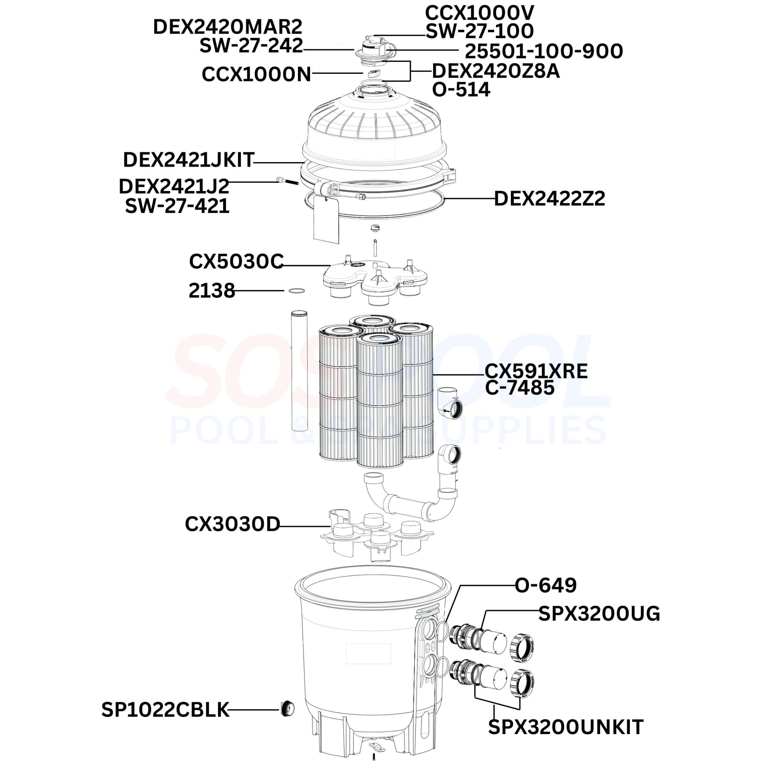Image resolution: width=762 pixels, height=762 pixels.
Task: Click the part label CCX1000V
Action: pyautogui.click(x=479, y=13)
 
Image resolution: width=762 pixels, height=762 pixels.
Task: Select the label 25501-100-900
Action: pyautogui.click(x=544, y=51)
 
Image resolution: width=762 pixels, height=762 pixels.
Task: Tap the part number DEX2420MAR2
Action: pyautogui.click(x=228, y=27)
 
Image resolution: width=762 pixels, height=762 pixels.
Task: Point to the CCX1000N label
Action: pyautogui.click(x=256, y=74)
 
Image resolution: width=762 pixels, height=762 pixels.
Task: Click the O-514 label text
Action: pyautogui.click(x=461, y=90)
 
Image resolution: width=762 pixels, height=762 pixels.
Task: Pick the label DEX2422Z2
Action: pyautogui.click(x=549, y=198)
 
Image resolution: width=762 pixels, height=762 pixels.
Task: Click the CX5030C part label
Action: pyautogui.click(x=236, y=262)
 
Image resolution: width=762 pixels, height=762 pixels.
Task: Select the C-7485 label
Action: pyautogui.click(x=520, y=388)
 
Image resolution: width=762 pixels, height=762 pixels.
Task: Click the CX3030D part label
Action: pyautogui.click(x=232, y=524)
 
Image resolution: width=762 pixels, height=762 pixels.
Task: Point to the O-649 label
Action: pyautogui.click(x=546, y=585)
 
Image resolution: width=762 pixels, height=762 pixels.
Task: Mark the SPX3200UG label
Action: pyautogui.click(x=599, y=614)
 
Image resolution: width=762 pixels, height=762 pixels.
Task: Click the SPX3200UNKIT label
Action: pyautogui.click(x=565, y=727)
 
